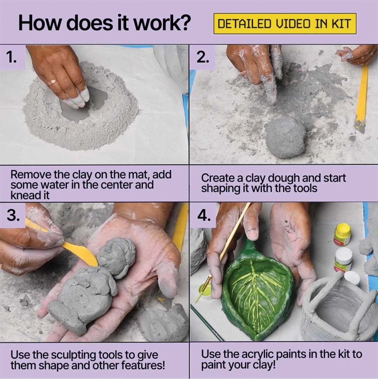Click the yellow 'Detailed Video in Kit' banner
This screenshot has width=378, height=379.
click(x=285, y=23)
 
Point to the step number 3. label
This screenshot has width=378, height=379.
click(x=13, y=215)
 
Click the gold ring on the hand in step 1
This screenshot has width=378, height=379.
click(x=53, y=82)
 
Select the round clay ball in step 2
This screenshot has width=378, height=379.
click(x=285, y=137)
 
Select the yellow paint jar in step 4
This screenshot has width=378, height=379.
click(x=342, y=234)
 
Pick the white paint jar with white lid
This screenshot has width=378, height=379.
click(x=343, y=260)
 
